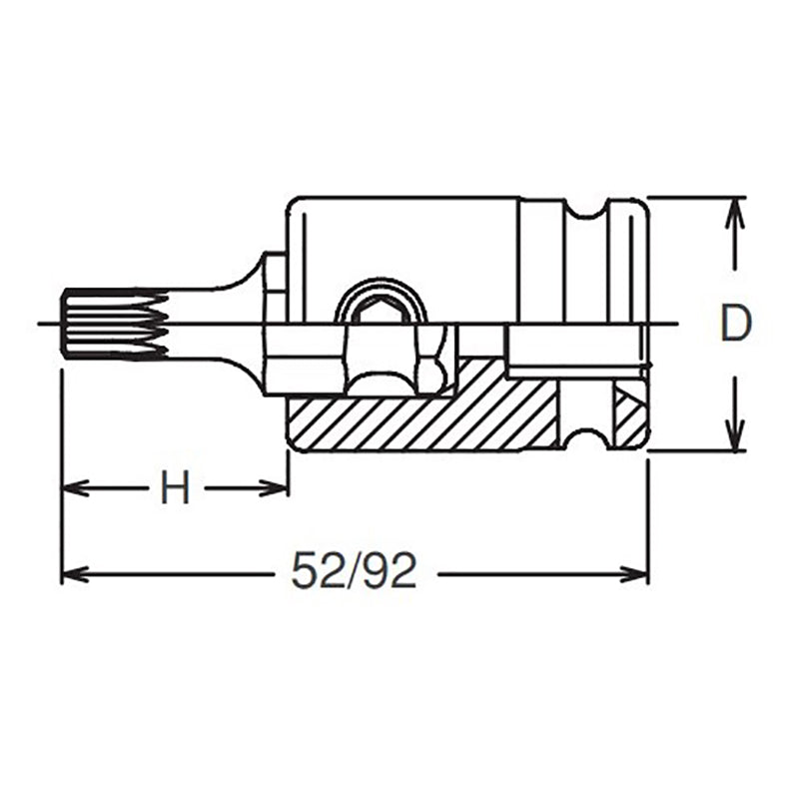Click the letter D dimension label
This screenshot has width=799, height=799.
[735, 324]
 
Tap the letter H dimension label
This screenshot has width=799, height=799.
[175, 489]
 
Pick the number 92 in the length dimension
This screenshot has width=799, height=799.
[390, 572]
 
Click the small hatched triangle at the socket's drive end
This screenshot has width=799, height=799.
[628, 411]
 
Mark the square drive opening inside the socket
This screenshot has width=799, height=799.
[574, 352]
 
